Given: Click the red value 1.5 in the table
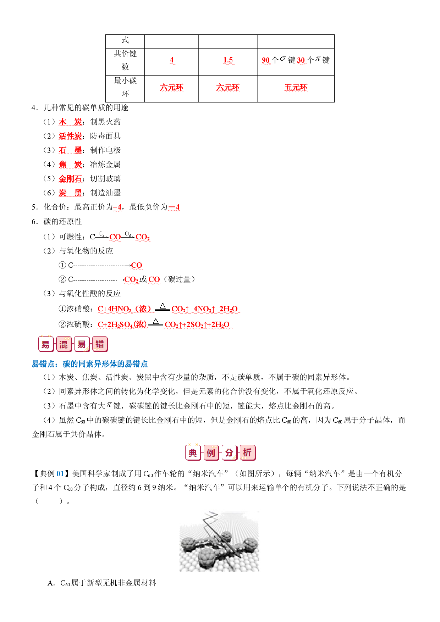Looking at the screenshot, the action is tap(228, 60).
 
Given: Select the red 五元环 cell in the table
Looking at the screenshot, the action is tap(296, 87).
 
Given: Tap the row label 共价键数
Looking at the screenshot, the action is tap(125, 60).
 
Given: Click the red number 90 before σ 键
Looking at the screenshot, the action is tap(266, 60).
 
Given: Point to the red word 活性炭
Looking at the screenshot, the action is tap(70, 136).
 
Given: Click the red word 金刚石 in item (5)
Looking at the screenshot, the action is tap(70, 179).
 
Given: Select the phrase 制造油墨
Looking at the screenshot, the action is tap(105, 193).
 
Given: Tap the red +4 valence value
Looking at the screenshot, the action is tap(117, 207).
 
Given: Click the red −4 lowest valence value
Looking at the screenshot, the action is tap(174, 207).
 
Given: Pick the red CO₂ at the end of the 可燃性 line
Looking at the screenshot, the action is tap(143, 237).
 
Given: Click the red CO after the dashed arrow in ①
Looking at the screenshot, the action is tap(137, 265).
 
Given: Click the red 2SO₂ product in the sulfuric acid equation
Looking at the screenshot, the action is tap(195, 325).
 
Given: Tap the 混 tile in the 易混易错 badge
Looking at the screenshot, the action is tap(64, 344).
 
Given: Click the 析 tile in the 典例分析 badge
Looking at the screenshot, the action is tap(247, 453).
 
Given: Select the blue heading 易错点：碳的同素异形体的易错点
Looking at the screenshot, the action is tap(90, 364).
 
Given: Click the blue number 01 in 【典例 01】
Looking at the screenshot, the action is tap(60, 474).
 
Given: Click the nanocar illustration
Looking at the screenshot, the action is tap(219, 541).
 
